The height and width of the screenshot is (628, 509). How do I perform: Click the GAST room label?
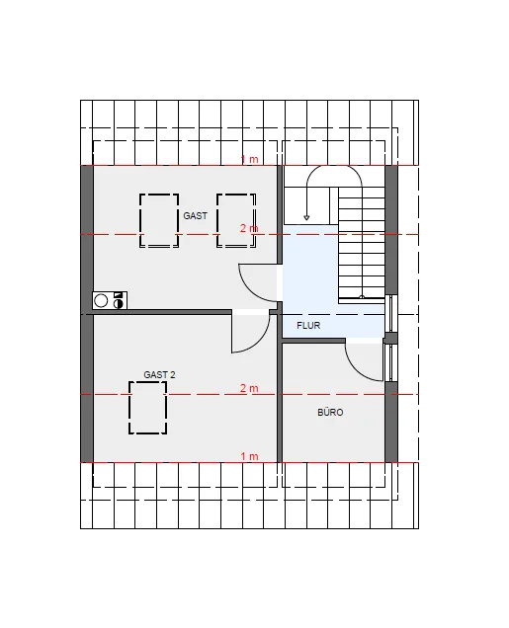pyautogui.click(x=195, y=216)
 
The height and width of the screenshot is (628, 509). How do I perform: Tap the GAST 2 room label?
pyautogui.click(x=159, y=375)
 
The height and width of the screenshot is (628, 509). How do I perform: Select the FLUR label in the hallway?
pyautogui.click(x=308, y=326)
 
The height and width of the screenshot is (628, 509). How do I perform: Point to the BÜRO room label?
pyautogui.click(x=330, y=412)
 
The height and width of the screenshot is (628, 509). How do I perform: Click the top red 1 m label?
pyautogui.click(x=249, y=159)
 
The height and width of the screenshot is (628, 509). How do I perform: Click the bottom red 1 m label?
pyautogui.click(x=249, y=456)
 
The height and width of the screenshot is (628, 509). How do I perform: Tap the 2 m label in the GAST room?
pyautogui.click(x=249, y=228)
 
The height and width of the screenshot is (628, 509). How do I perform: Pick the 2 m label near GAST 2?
pyautogui.click(x=249, y=388)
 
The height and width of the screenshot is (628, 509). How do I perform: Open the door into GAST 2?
pyautogui.click(x=261, y=342)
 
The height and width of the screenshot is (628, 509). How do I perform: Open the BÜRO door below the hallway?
pyautogui.click(x=356, y=369)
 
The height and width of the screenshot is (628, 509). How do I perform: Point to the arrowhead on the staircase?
pyautogui.click(x=306, y=218)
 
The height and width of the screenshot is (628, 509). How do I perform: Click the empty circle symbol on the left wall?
pyautogui.click(x=101, y=301)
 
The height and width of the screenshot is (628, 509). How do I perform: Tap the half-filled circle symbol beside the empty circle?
pyautogui.click(x=118, y=303)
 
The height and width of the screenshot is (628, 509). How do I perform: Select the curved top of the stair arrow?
pyautogui.click(x=334, y=166)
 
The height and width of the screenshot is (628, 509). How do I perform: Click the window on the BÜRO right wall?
pyautogui.click(x=390, y=362)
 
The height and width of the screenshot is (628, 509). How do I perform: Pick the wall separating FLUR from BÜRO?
pyautogui.click(x=313, y=341)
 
